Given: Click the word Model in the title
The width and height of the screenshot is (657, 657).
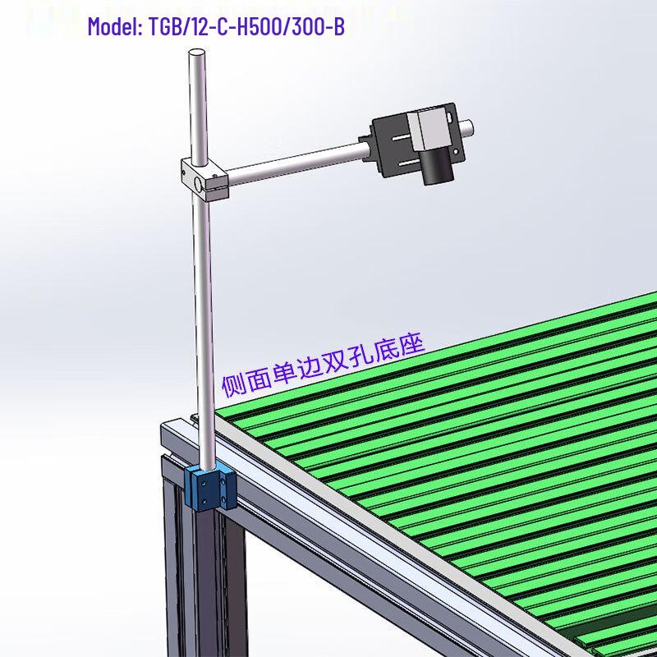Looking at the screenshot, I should [x=114, y=28].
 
